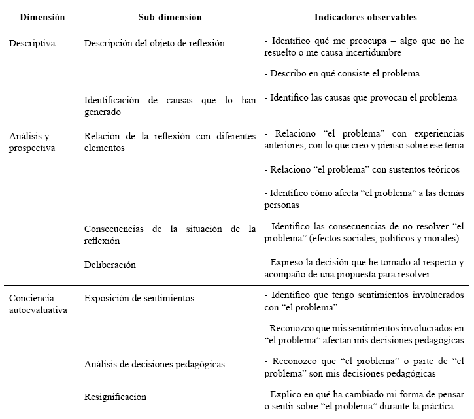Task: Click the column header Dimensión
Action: (x=42, y=18)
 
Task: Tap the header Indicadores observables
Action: (x=365, y=18)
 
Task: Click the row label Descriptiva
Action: (x=32, y=44)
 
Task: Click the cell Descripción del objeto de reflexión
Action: (x=154, y=44)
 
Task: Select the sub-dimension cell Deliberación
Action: (x=110, y=265)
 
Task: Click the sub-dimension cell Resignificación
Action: (x=115, y=397)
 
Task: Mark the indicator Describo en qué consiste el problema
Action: (x=342, y=73)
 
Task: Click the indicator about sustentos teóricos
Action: (x=362, y=169)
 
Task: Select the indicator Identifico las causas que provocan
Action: (x=360, y=98)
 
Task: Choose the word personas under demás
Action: (x=282, y=205)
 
